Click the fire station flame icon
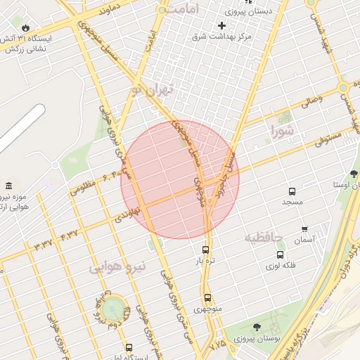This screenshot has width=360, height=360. [26, 27]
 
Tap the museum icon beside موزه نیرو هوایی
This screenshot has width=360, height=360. [8, 186]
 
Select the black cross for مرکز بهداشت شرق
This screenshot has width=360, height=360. [221, 25]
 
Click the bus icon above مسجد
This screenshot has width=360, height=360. [292, 191]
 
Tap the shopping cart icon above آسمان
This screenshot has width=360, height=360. [304, 229]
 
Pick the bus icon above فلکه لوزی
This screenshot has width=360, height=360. [281, 255]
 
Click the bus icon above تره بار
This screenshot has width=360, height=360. [205, 249]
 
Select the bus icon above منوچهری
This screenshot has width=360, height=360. [207, 297]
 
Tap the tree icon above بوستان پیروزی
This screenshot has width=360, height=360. [256, 327]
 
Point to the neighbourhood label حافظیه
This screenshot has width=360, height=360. [262, 238]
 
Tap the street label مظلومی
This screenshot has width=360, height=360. [82, 188]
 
